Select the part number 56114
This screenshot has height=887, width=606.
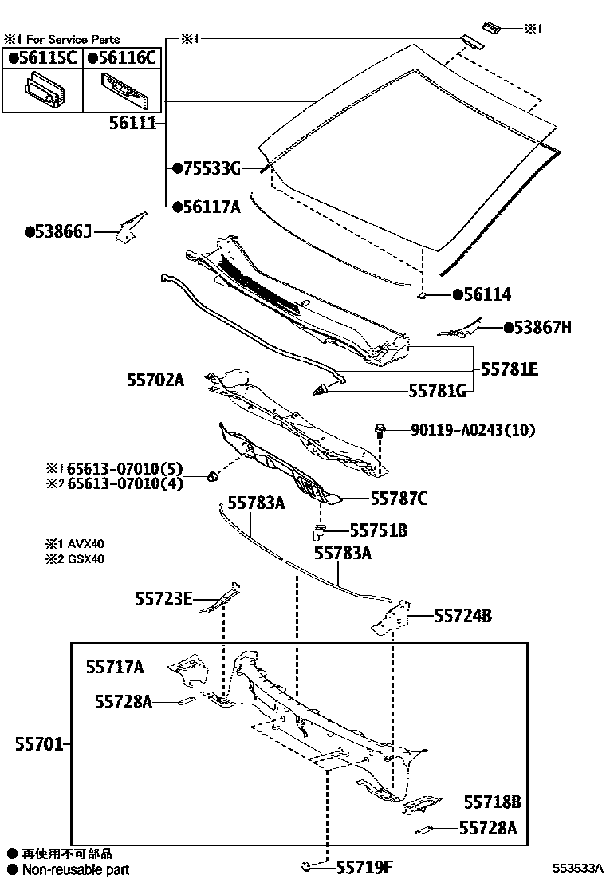pyautogui.click(x=487, y=294)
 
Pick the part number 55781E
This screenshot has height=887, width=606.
pyautogui.click(x=510, y=369)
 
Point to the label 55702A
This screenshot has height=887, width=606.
pyautogui.click(x=155, y=381)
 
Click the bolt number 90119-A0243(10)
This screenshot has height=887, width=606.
pyautogui.click(x=473, y=430)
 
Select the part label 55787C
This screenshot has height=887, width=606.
pyautogui.click(x=398, y=499)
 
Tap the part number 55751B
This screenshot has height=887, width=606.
pyautogui.click(x=379, y=530)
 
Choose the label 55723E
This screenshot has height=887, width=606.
pyautogui.click(x=163, y=598)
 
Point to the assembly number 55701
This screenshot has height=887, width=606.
pyautogui.click(x=38, y=745)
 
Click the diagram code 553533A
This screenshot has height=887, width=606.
pyautogui.click(x=579, y=869)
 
